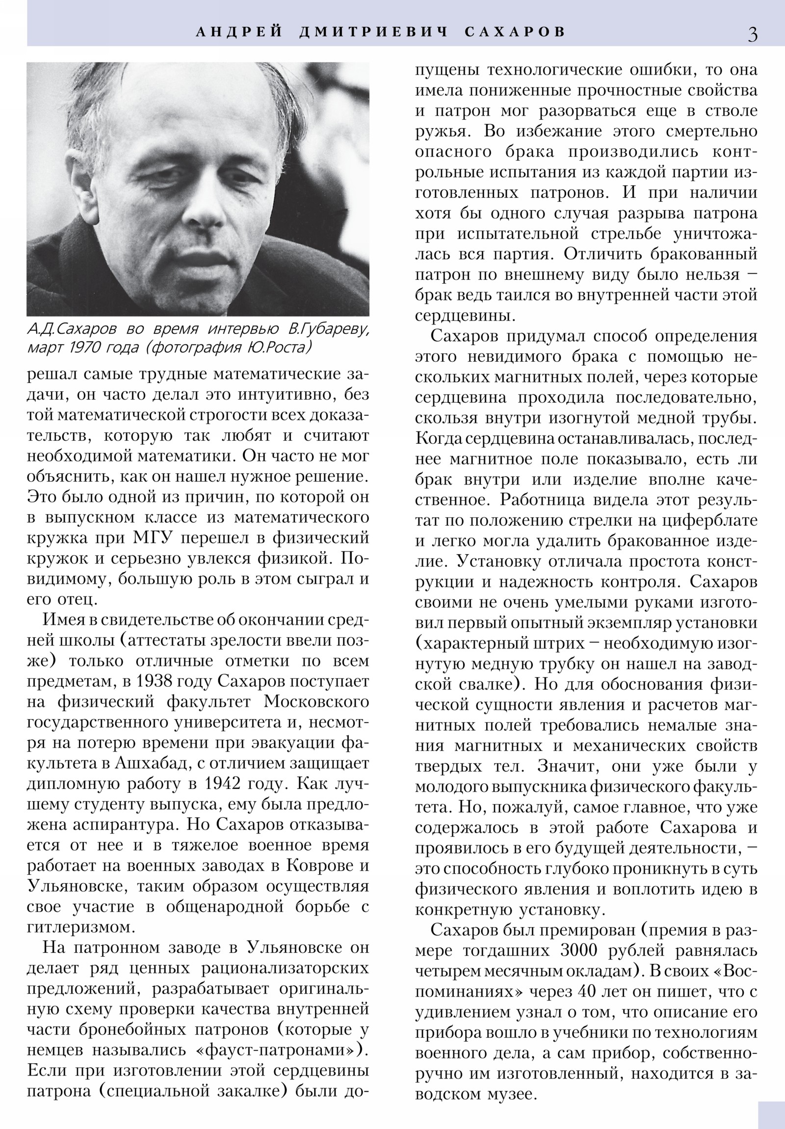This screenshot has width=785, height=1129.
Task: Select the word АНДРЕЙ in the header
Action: pos(239,32)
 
